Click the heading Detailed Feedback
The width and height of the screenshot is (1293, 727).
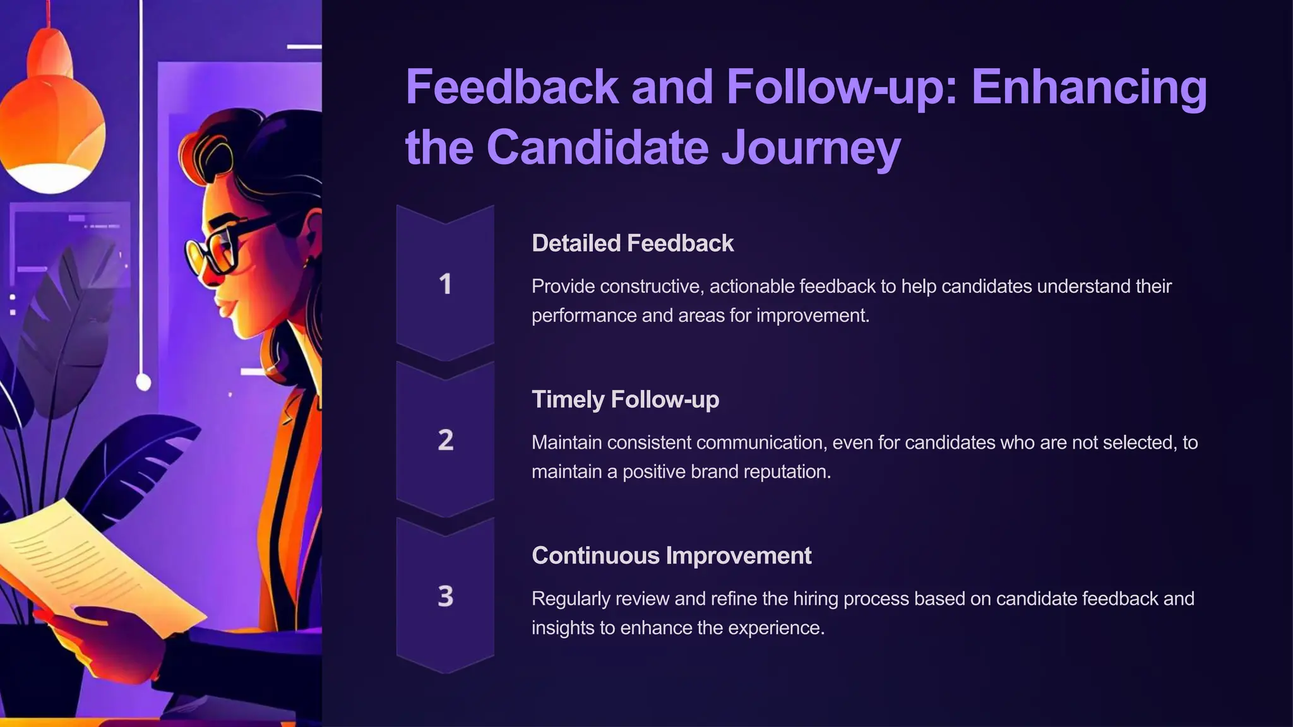tap(632, 244)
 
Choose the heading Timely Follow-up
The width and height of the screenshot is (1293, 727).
tap(625, 399)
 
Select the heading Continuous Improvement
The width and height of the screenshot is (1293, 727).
tap(671, 556)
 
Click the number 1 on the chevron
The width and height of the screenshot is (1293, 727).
tap(445, 285)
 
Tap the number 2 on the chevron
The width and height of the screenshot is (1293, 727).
tap(445, 440)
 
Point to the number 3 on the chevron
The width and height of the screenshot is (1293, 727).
tap(445, 596)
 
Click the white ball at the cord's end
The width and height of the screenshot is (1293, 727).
tap(143, 382)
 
